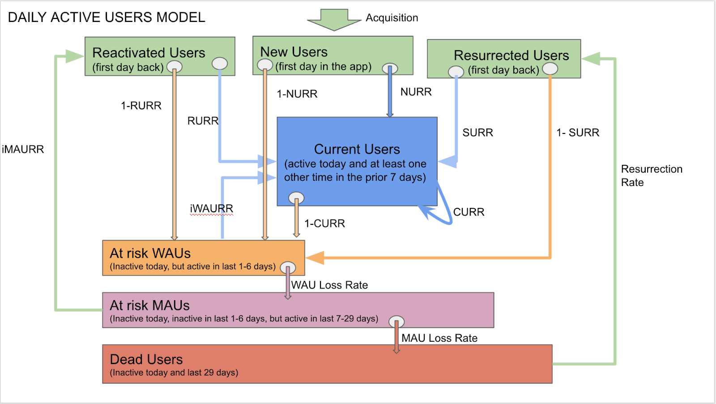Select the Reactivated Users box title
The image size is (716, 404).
click(149, 53)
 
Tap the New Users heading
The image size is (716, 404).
click(294, 52)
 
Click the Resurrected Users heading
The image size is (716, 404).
click(511, 56)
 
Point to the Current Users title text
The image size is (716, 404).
click(357, 149)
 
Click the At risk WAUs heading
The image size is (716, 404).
click(150, 254)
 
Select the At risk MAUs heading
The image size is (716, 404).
click(149, 305)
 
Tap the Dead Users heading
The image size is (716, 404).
click(146, 360)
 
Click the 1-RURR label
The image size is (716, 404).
click(141, 106)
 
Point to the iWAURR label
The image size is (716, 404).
click(211, 209)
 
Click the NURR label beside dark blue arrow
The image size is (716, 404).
click(416, 92)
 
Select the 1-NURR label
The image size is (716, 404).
click(297, 94)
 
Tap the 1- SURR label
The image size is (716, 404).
click(577, 133)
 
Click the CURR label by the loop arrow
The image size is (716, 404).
click(469, 212)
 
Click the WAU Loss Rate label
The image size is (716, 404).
click(329, 285)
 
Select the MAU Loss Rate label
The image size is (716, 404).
click(439, 338)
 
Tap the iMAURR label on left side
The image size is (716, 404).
click(23, 150)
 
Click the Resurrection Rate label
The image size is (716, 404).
click(651, 176)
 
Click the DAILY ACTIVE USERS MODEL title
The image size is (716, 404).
click(107, 17)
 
